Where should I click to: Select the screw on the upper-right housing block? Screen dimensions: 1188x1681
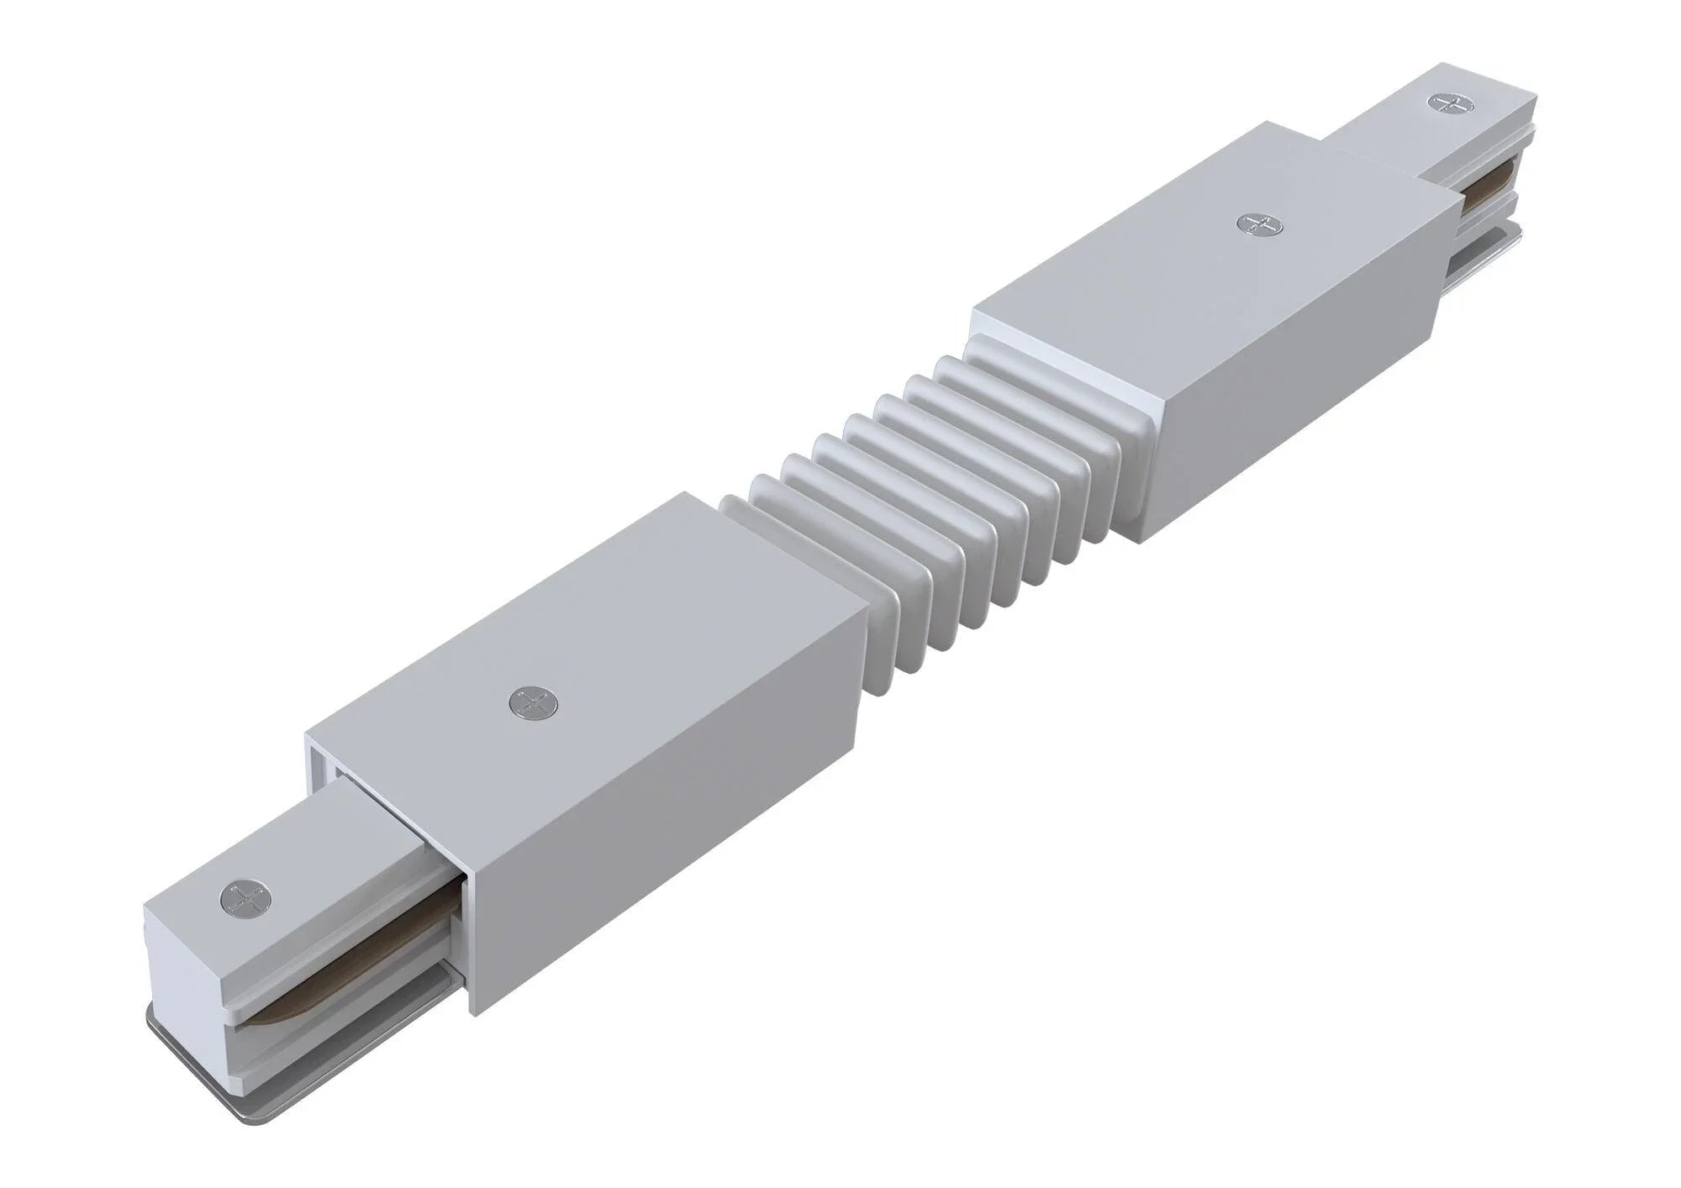click(1258, 223)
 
